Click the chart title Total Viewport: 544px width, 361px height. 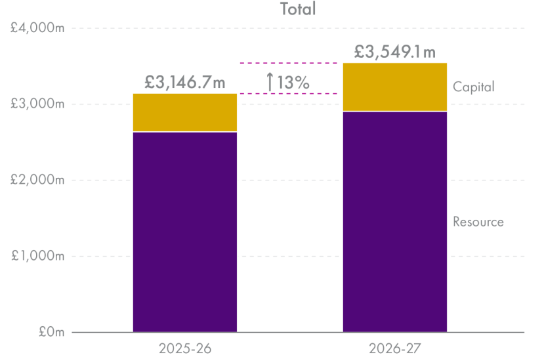(298, 9)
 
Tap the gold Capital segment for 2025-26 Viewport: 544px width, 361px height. (185, 113)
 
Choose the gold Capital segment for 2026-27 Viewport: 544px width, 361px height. (395, 87)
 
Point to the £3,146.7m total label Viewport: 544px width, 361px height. (185, 83)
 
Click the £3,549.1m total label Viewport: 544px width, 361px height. (395, 52)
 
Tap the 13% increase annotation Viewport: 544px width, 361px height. (293, 83)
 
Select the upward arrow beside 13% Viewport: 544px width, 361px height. (270, 82)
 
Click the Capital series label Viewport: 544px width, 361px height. (473, 87)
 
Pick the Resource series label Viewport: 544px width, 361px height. (478, 222)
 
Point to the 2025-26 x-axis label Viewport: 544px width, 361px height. (185, 347)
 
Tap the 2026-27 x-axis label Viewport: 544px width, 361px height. (395, 347)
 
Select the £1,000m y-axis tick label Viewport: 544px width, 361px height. (37, 257)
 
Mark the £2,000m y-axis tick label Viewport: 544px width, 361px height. (37, 180)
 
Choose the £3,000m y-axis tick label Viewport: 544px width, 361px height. (37, 104)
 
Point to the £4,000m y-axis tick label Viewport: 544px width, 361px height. (37, 28)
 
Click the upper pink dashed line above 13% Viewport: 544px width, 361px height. (289, 63)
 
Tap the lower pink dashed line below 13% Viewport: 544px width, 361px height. (289, 94)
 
